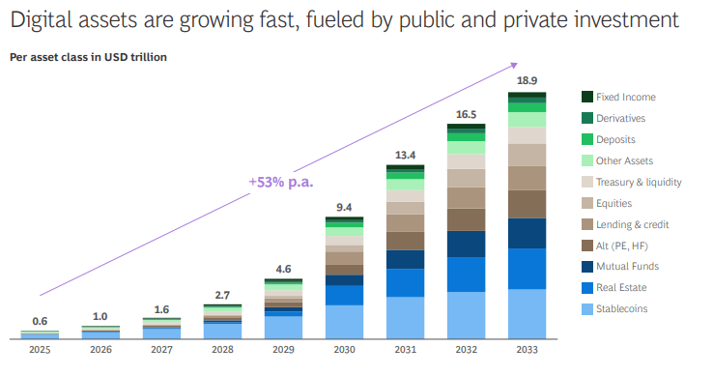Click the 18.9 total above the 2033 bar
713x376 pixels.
[527, 80]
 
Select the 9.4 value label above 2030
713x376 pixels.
[344, 208]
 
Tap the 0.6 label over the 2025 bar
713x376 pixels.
[40, 321]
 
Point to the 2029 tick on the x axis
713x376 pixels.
[283, 350]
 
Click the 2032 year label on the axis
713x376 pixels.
[466, 350]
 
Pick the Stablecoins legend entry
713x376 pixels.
[614, 309]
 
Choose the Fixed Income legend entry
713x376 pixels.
[618, 97]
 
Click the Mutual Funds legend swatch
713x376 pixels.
[587, 267]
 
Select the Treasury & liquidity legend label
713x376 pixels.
[639, 182]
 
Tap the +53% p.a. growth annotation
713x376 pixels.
[281, 182]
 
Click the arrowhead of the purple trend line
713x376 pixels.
[514, 66]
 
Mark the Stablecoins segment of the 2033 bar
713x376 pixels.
[527, 313]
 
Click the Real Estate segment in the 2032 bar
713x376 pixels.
[466, 275]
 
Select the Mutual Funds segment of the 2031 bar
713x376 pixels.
[405, 259]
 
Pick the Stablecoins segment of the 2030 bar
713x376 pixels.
[344, 322]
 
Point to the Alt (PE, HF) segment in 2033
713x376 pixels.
[527, 204]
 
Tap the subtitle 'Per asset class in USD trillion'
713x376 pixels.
[88, 57]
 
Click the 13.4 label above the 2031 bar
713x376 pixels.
[405, 156]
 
